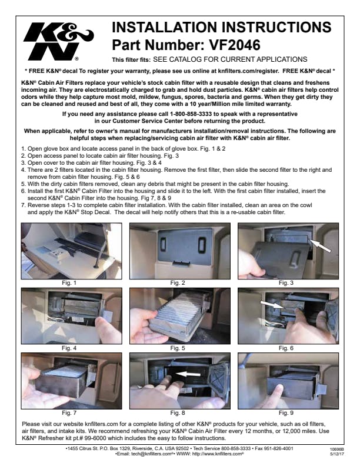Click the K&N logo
58,41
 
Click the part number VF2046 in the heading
235,45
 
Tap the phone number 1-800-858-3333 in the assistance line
191,114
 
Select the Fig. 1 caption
69,282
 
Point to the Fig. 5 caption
178,348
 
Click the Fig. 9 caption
286,413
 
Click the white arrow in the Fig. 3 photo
320,246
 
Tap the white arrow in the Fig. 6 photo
272,305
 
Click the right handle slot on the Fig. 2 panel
202,244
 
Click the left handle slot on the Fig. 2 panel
164,244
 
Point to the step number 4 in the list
24,170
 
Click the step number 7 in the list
24,205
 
